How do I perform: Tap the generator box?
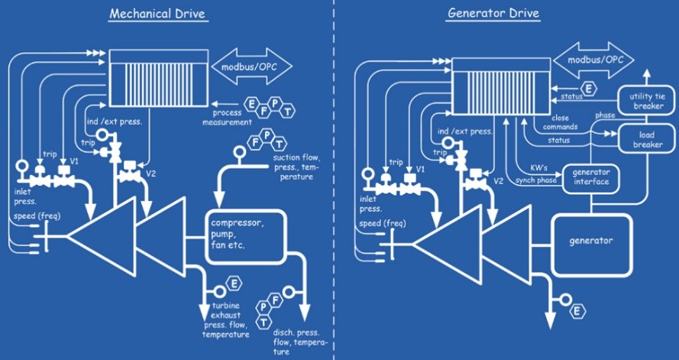coord(591,240)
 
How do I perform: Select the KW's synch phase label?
coord(535,174)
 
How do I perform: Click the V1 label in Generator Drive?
coord(420,168)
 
